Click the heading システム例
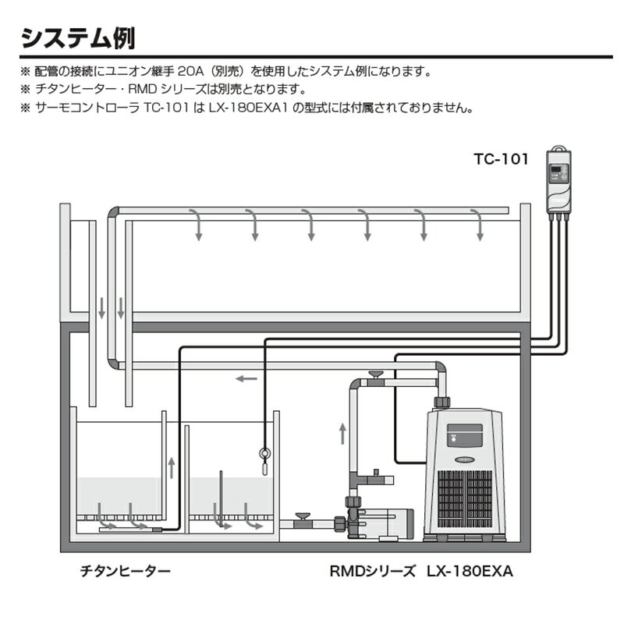click(x=78, y=38)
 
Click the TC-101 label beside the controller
click(x=501, y=159)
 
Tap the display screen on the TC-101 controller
click(x=555, y=170)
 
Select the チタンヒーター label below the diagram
click(x=126, y=571)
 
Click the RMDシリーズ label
click(x=372, y=572)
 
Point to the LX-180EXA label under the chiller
click(x=470, y=572)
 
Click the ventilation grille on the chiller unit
click(x=465, y=498)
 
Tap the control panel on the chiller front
click(x=465, y=435)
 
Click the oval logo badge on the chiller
click(x=465, y=459)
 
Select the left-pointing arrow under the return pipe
click(x=246, y=378)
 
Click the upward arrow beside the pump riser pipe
click(x=342, y=434)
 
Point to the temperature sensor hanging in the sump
click(x=264, y=461)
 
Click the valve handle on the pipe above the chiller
click(x=375, y=374)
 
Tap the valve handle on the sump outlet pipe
click(x=301, y=516)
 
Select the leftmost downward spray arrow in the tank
click(x=197, y=225)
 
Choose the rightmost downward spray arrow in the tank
click(x=478, y=225)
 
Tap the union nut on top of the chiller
click(x=441, y=402)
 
